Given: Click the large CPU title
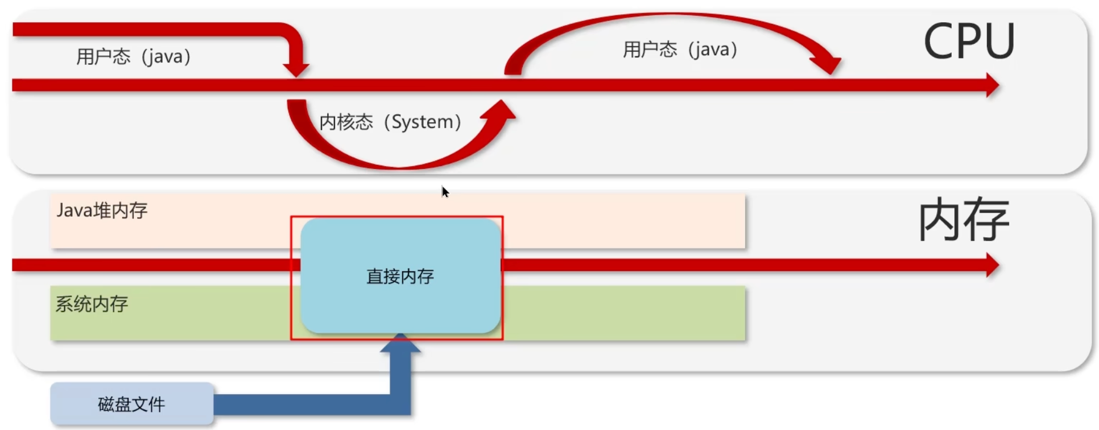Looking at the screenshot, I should pos(969,41).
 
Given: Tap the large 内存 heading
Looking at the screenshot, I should pos(964,220).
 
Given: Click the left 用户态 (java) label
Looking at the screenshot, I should pos(133,57).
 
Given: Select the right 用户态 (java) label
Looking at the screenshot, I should pos(680,49).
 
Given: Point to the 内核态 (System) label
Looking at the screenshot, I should pos(390,122).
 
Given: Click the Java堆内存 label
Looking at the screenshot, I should pos(102,210).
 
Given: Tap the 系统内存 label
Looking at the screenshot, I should pos(92,304).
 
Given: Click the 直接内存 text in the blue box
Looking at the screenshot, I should pos(400,276).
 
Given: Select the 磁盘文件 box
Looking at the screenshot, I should pos(131,404).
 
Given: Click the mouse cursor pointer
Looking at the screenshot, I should pos(444,192).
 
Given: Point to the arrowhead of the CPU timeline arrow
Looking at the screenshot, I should pos(991,85).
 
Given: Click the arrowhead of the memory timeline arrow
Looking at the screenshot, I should pos(991,265).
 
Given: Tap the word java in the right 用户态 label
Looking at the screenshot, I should pos(712,49).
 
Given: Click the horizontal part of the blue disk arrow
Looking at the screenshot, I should pos(301,404).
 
